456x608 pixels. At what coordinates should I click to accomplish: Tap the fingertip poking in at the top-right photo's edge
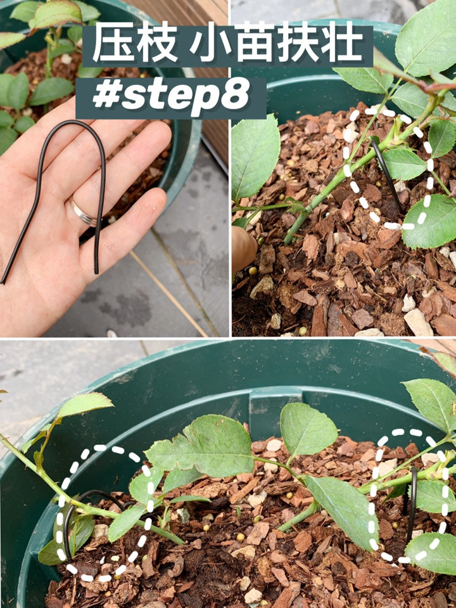tap(244, 249)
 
